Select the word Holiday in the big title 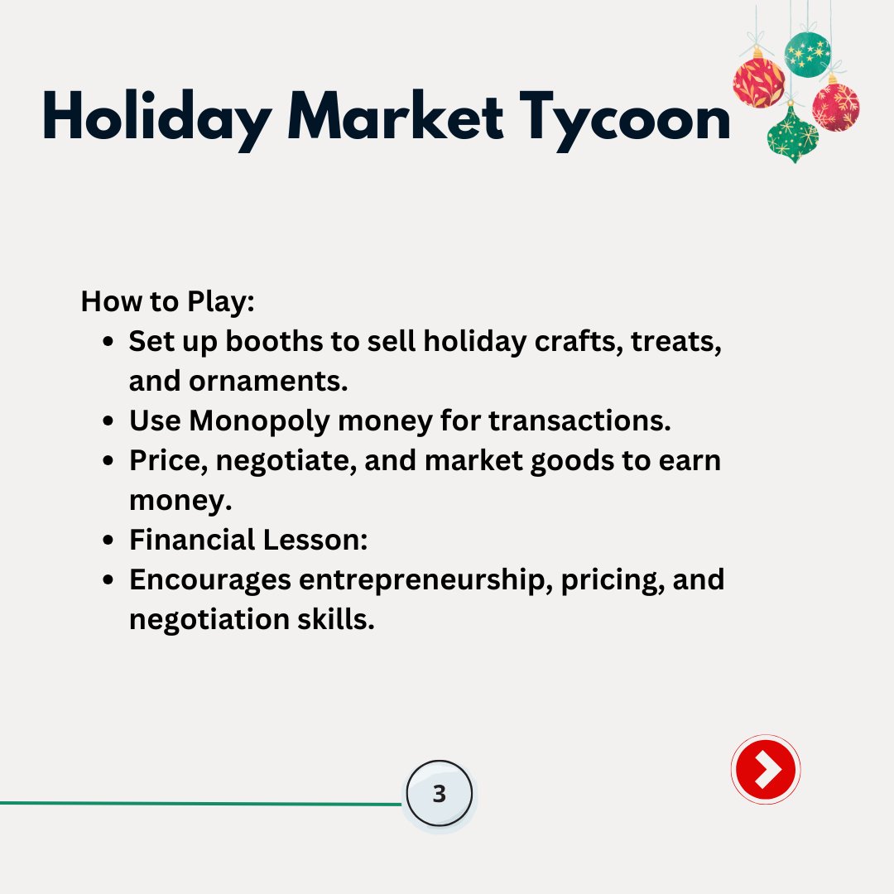click(155, 119)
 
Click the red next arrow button click(766, 770)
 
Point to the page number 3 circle click(440, 795)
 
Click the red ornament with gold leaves click(758, 82)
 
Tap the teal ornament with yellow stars click(807, 55)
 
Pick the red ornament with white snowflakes click(836, 106)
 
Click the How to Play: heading click(167, 301)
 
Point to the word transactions click(579, 421)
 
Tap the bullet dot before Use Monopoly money click(108, 421)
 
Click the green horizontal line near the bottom click(199, 803)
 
